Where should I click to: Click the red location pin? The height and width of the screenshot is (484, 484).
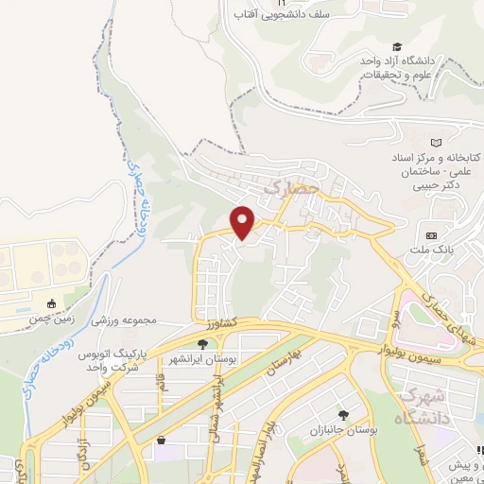[244, 221]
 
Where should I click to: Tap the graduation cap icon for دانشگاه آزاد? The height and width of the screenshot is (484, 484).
[397, 47]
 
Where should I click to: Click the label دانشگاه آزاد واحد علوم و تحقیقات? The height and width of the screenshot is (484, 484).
[397, 66]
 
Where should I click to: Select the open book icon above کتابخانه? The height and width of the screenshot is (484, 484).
[436, 141]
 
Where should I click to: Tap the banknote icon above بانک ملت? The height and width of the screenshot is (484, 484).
[432, 234]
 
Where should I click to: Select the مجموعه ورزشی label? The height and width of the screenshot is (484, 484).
[123, 320]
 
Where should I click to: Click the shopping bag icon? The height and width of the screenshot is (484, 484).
[162, 441]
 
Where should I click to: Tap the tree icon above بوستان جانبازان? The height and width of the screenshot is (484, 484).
[343, 415]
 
